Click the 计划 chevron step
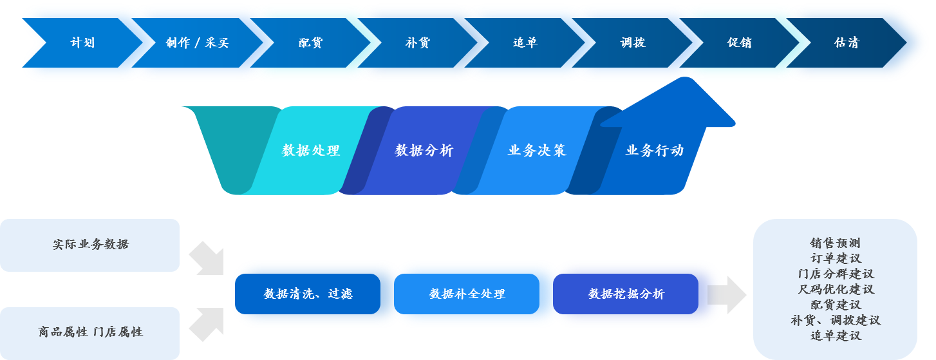point(82,43)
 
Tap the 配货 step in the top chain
point(310,43)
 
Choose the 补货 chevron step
point(418,43)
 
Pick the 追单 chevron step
point(525,43)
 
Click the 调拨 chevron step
point(633,43)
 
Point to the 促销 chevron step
point(740,43)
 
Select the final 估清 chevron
point(847,43)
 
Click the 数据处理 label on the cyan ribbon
point(311,151)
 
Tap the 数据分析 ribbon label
point(424,151)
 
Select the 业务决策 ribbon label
point(537,151)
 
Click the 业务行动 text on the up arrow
point(655,151)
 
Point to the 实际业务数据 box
point(90,245)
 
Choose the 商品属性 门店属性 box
point(90,332)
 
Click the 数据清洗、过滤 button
point(308,294)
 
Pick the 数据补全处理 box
point(467,294)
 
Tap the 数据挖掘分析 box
point(626,294)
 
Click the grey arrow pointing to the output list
point(727,295)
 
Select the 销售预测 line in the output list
point(835,243)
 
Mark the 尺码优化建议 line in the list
point(835,290)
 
